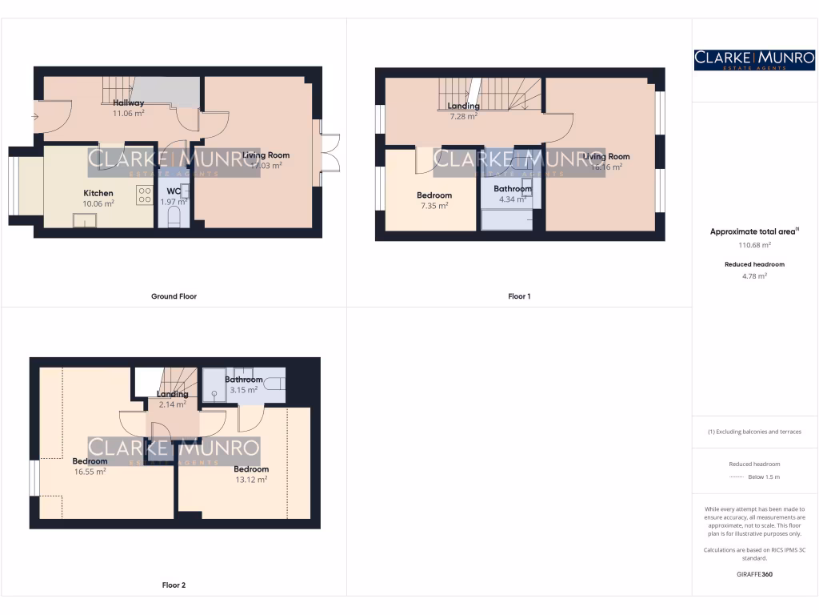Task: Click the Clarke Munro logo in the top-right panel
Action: coord(754,59)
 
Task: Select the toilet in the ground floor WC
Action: coord(174,218)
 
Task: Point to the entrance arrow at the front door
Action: coord(34,117)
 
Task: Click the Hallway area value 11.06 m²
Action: coord(128,114)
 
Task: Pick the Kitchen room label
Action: coord(98,193)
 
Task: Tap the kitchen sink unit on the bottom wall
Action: coord(85,221)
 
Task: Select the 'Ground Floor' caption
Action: coord(174,296)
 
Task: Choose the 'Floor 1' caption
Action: coord(519,296)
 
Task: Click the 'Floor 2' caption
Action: coord(174,585)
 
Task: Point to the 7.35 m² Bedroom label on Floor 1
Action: coord(434,206)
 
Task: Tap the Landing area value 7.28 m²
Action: coord(463,116)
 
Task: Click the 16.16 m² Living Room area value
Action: coord(605,167)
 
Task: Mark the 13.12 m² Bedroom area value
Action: coord(251,480)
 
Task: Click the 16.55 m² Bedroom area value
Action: coord(90,472)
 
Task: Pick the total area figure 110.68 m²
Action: coord(754,245)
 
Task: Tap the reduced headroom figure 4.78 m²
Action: coord(754,276)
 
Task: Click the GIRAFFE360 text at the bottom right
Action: coord(754,574)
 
